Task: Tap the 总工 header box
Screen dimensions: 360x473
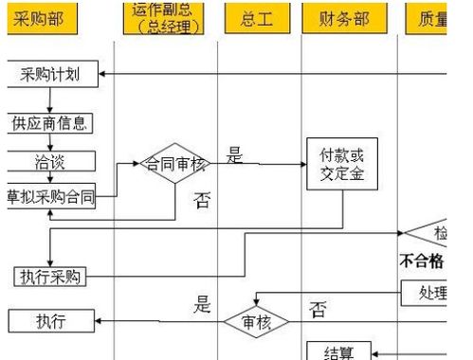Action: [255, 18]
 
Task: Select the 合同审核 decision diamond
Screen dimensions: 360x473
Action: [173, 164]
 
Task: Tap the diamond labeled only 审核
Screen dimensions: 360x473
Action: [256, 322]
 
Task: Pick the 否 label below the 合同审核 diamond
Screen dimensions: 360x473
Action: [202, 200]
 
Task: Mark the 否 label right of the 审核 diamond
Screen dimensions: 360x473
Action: [318, 310]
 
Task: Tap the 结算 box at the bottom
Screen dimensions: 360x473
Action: [339, 352]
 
